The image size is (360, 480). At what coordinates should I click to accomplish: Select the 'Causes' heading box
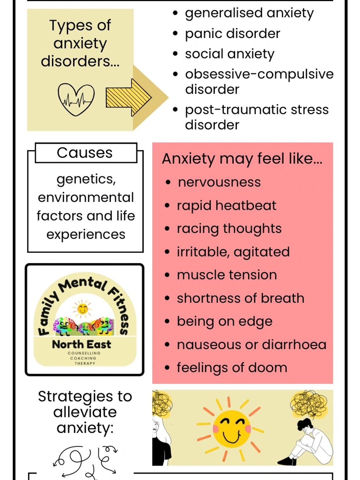point(86,153)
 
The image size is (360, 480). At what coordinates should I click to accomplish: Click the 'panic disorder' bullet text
point(232,34)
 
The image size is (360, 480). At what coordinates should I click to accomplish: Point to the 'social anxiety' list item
point(229,54)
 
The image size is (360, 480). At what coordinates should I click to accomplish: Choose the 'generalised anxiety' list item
point(249,13)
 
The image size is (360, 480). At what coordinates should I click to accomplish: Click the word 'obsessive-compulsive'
point(259,74)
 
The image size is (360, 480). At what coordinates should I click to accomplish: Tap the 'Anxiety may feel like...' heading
point(242,159)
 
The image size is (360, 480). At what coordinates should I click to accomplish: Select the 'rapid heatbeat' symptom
point(226,206)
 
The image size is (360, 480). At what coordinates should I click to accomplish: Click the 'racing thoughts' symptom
point(229,229)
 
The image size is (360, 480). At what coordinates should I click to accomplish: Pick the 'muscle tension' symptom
point(227,275)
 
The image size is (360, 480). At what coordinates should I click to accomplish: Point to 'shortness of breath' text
point(240,298)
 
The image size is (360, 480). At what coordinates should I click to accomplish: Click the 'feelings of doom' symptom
point(232,368)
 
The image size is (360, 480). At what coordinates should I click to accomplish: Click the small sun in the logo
point(82,309)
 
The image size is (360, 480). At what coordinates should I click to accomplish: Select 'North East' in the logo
point(81,344)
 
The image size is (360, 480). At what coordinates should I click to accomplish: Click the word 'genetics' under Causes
point(86,179)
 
